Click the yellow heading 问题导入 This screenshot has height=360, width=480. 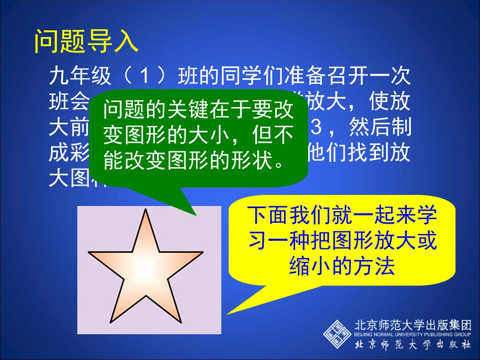click(86, 42)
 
